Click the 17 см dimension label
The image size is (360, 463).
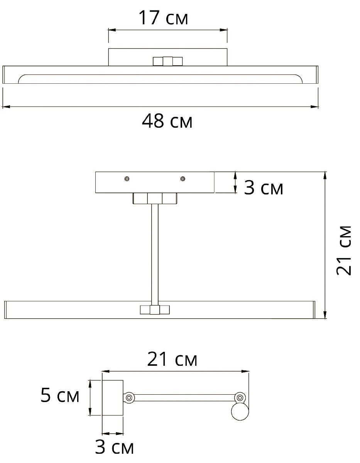point(163,18)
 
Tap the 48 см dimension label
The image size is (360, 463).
point(167,121)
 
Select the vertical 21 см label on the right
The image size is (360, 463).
point(343,250)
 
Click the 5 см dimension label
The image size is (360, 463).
point(60,395)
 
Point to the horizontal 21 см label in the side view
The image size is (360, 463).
point(172,360)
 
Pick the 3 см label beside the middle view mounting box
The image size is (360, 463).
point(264,188)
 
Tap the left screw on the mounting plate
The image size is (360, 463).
point(127,179)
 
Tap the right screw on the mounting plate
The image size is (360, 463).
point(183,179)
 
